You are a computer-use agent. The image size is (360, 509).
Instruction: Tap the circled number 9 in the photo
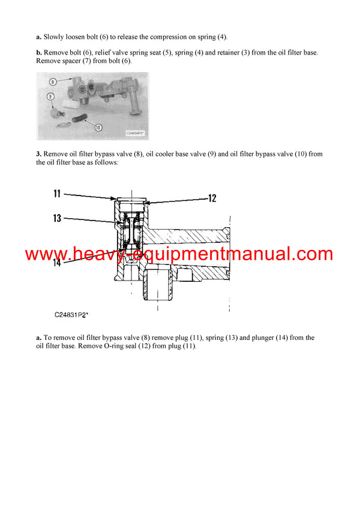click(50, 95)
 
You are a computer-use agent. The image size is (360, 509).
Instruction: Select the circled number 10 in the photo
click(97, 127)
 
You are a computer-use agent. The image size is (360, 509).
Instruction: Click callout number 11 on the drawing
click(57, 193)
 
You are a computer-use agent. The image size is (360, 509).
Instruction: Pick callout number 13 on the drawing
click(57, 218)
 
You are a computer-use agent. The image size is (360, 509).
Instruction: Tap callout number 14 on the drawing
click(56, 262)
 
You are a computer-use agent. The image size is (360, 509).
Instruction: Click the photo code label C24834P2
click(136, 133)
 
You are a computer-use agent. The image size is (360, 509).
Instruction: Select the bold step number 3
click(38, 154)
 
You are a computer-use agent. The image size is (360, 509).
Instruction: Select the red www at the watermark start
click(45, 254)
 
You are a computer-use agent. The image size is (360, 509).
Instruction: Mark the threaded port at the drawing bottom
click(158, 286)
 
